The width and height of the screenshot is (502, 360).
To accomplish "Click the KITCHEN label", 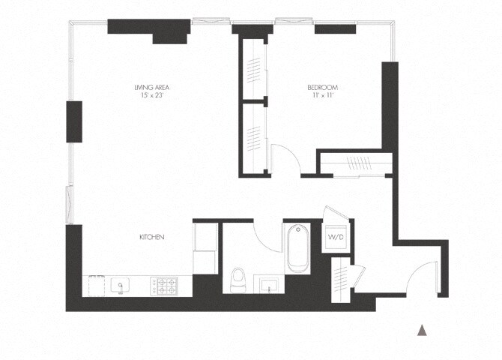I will (x=151, y=237).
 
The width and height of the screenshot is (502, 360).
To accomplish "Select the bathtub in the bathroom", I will (x=297, y=249).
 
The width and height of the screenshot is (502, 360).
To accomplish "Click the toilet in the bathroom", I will (x=238, y=279).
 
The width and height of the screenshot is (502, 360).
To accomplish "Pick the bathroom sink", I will (x=269, y=285).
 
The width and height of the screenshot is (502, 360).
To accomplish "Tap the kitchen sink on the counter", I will (x=119, y=285).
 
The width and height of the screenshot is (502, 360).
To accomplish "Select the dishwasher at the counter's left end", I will (x=95, y=285).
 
